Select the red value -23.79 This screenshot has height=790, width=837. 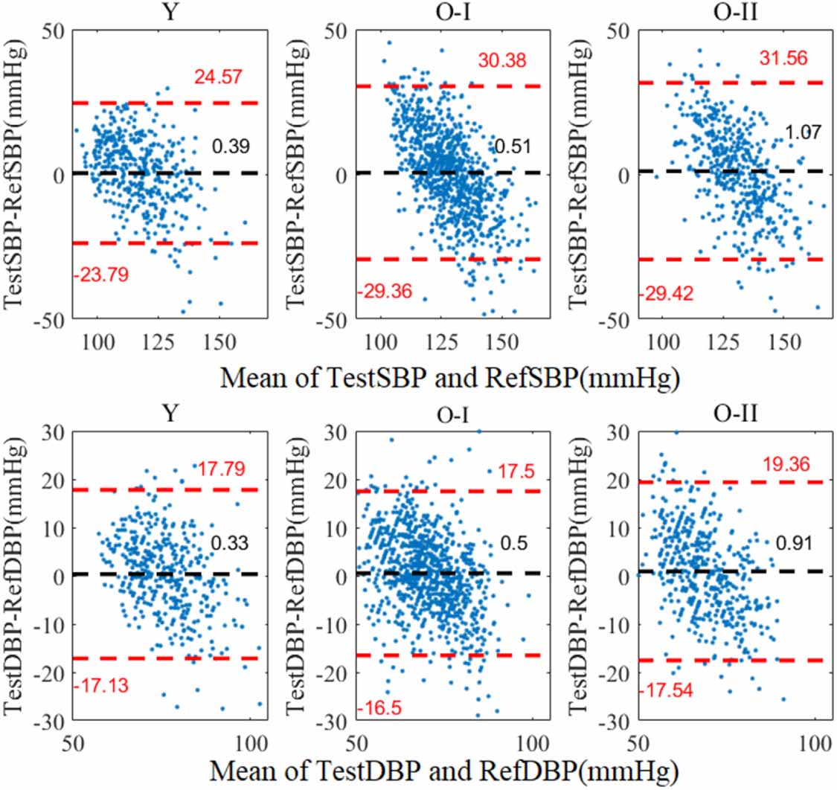coord(100,274)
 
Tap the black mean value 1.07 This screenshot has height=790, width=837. coord(804,133)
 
